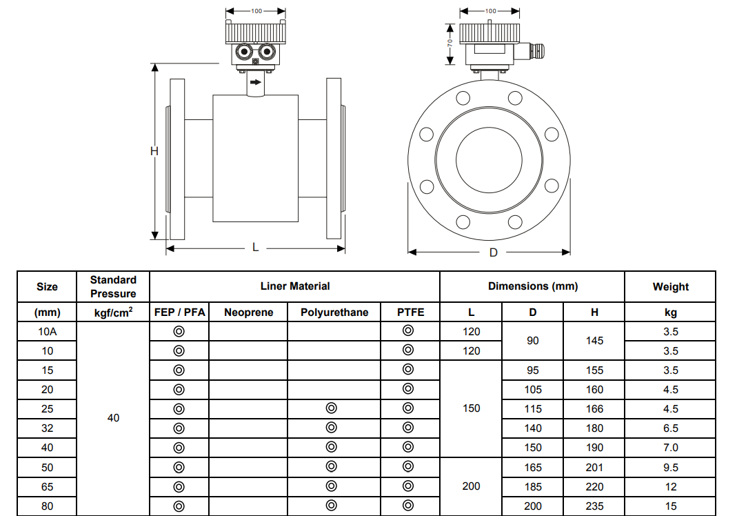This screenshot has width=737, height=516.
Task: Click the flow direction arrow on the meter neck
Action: click(x=256, y=83)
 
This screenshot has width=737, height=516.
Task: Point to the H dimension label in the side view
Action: click(x=154, y=151)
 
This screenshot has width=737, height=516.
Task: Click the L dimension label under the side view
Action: click(x=255, y=247)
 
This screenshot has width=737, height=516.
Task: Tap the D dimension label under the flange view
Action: click(x=493, y=252)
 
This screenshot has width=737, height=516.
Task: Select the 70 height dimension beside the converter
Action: click(x=450, y=43)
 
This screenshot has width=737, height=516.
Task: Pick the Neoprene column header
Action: click(x=248, y=312)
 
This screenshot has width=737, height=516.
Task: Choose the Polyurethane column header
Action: click(x=334, y=312)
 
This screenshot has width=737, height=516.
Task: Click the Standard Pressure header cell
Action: click(x=113, y=286)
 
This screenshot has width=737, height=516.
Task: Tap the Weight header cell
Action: click(x=670, y=286)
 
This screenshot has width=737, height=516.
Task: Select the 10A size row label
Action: click(x=47, y=331)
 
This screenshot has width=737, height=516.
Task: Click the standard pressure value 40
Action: click(x=113, y=417)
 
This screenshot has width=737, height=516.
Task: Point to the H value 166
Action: click(x=594, y=408)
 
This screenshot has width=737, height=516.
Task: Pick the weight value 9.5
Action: click(x=670, y=467)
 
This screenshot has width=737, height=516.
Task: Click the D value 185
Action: click(x=532, y=486)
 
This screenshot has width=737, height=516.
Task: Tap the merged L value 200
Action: click(x=471, y=486)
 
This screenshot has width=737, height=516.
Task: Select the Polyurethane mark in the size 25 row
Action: click(x=331, y=408)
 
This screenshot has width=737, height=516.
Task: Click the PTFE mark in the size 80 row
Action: click(x=408, y=506)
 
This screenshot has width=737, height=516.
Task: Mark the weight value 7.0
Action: click(x=670, y=447)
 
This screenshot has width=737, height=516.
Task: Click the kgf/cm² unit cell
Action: click(x=113, y=312)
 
